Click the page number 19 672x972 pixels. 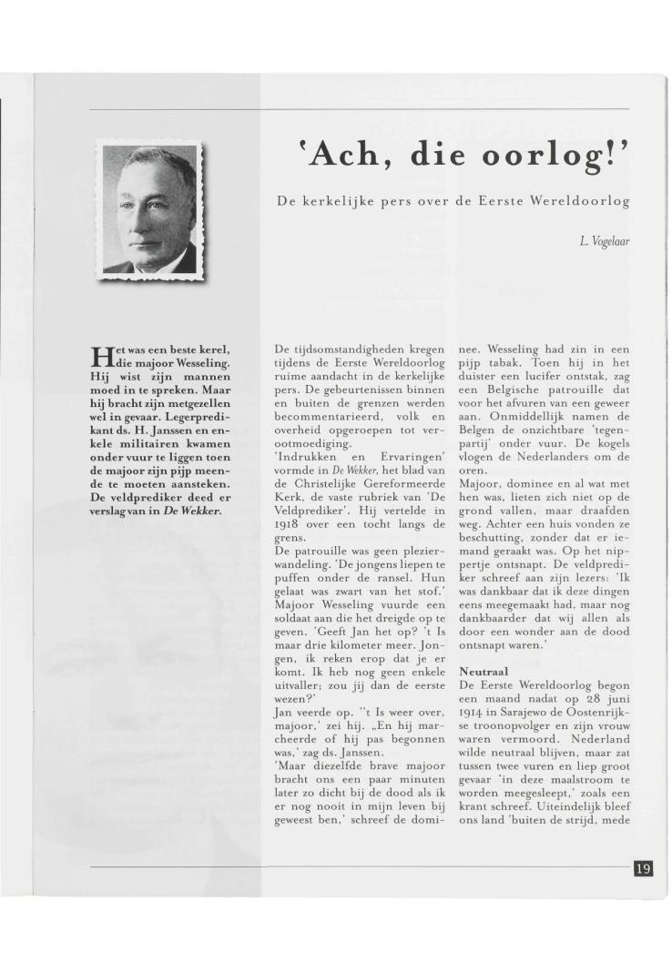point(642,867)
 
